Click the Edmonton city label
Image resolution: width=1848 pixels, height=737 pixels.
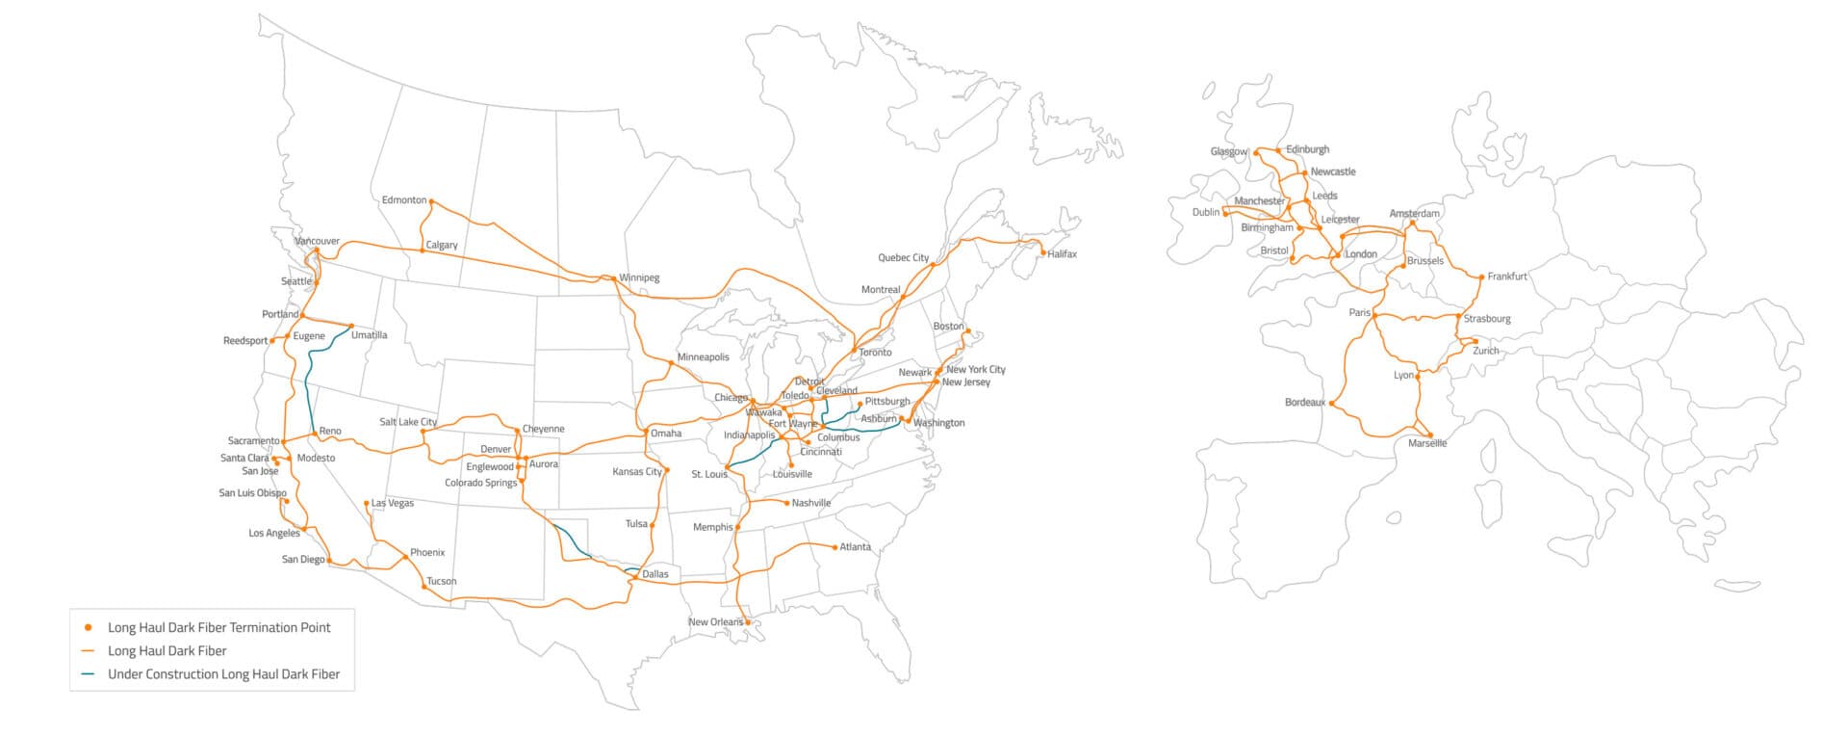(x=403, y=200)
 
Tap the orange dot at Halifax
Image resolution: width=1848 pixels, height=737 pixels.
(x=1043, y=253)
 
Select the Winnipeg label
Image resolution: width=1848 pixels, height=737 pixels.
(x=639, y=278)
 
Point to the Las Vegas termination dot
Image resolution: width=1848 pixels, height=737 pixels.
(x=367, y=503)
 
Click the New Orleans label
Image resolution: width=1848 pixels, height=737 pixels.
(x=715, y=622)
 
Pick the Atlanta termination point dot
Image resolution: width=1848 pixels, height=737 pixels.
(x=834, y=547)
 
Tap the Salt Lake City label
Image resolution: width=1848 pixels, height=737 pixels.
(x=408, y=422)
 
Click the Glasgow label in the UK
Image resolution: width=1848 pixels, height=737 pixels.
(x=1228, y=152)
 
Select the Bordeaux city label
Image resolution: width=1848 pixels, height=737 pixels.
(x=1305, y=403)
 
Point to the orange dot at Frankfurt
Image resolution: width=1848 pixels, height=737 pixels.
(x=1481, y=277)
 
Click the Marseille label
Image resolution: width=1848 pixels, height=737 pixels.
(x=1427, y=444)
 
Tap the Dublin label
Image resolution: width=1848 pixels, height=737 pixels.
(x=1206, y=212)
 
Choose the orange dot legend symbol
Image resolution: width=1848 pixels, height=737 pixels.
(x=89, y=627)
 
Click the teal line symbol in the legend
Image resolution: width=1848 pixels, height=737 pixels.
(x=89, y=674)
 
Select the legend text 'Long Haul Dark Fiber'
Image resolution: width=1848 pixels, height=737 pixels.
(x=167, y=651)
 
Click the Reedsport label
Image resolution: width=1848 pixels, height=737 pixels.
(x=245, y=341)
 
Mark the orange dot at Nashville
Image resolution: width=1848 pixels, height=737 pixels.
(x=787, y=503)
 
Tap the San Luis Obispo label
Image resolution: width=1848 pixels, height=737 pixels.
(x=252, y=493)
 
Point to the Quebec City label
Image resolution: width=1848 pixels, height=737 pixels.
(x=903, y=258)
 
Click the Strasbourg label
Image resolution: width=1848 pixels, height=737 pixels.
(x=1487, y=319)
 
